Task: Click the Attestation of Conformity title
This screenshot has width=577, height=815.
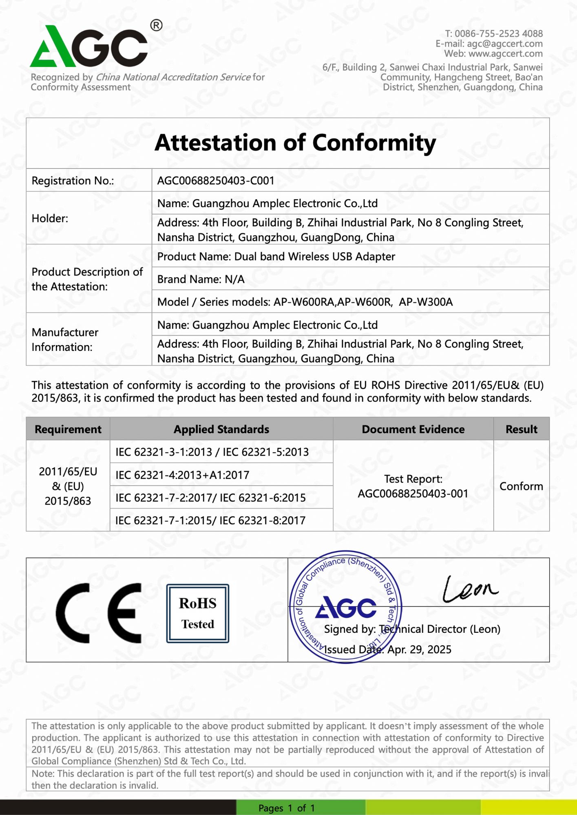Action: coord(295,143)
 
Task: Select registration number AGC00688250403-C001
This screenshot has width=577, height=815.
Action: coord(216,181)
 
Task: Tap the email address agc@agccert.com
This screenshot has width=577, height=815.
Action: coord(504,44)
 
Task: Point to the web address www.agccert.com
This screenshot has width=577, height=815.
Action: coord(505,54)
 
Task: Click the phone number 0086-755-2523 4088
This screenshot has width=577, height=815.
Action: coord(498,33)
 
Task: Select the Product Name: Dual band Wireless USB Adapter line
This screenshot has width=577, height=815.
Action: coord(276,256)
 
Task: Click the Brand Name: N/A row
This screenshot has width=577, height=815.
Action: coord(201,279)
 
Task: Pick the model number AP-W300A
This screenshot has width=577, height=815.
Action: coord(426,302)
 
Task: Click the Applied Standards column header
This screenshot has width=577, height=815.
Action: coord(221,429)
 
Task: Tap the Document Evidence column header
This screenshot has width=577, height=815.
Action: coord(413,429)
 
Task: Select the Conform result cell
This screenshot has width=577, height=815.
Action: coord(521,486)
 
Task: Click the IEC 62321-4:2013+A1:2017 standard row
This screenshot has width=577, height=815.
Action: coord(182,475)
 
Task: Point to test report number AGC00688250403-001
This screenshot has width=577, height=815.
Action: coord(413,493)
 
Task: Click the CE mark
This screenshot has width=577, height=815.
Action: coord(99,613)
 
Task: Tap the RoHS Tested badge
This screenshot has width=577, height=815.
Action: coord(198,613)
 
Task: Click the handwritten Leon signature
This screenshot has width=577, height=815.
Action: coord(470,589)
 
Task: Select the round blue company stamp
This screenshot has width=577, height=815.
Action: coord(345,607)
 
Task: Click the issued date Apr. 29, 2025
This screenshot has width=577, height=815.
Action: coord(419,649)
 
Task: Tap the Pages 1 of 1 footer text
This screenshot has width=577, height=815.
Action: coord(286,808)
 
